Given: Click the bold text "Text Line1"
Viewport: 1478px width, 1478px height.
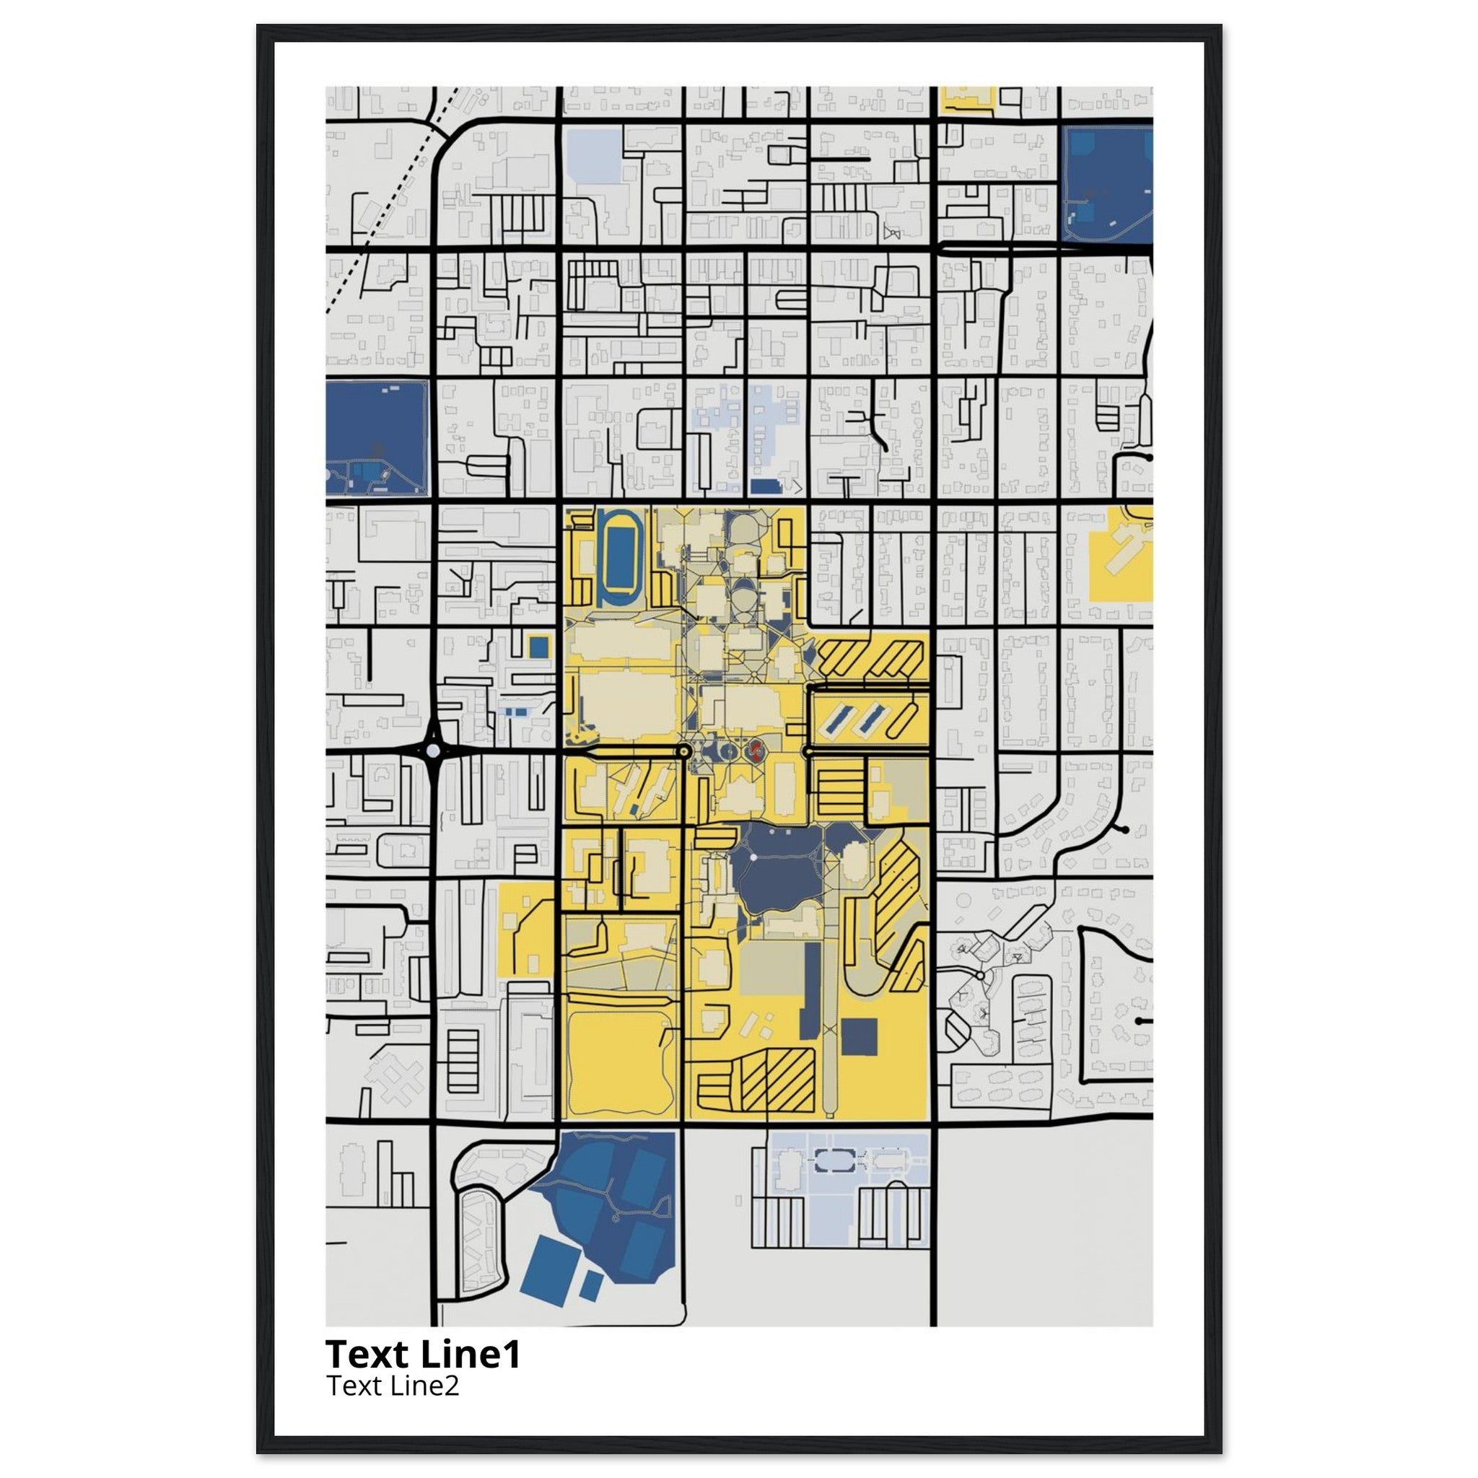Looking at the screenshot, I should click(423, 1354).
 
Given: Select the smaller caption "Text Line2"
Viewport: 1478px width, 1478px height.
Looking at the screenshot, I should click(393, 1386).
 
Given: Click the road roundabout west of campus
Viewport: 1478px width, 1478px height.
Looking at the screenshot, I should click(434, 751).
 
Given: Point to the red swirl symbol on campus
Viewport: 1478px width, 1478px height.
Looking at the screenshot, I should click(756, 750).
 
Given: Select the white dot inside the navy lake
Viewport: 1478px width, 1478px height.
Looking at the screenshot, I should click(753, 857).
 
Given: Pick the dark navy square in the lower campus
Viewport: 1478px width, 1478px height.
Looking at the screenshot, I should click(859, 1036).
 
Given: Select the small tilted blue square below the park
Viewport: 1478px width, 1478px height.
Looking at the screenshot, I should click(591, 1285).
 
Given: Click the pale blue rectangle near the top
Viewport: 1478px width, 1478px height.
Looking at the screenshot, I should click(595, 157).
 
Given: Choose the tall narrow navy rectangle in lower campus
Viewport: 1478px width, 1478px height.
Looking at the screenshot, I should click(811, 991).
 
